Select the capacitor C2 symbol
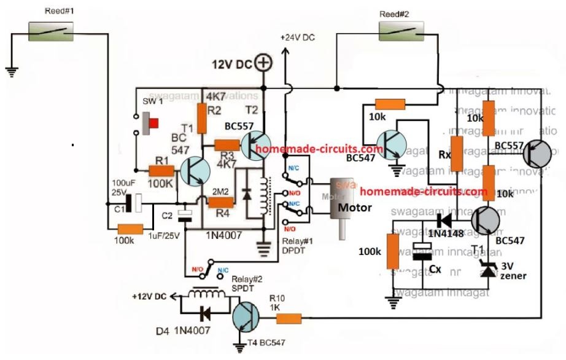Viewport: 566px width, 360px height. coord(185,214)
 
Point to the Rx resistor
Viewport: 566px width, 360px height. coord(457,151)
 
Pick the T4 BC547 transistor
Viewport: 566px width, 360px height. coord(247,319)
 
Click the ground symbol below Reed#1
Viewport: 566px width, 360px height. coord(11,71)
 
